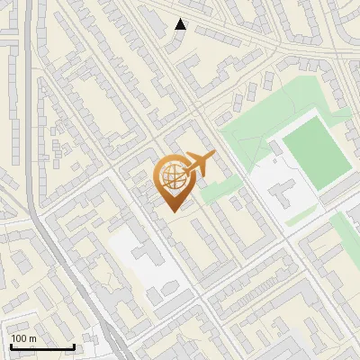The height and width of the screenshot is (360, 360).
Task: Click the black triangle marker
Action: pyautogui.click(x=180, y=24)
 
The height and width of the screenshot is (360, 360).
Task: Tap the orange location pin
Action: pyautogui.click(x=175, y=180)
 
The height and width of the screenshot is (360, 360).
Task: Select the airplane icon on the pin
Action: pyautogui.click(x=200, y=163)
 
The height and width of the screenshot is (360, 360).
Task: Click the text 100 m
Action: pyautogui.click(x=23, y=338)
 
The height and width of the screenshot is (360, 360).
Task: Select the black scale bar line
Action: pyautogui.click(x=41, y=347)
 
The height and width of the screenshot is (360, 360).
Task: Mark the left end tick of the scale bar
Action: pyautogui.click(x=10, y=346)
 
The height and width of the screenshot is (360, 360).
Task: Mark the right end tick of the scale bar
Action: pyautogui.click(x=74, y=346)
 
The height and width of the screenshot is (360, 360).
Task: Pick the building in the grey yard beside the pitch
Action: pyautogui.click(x=286, y=193)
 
